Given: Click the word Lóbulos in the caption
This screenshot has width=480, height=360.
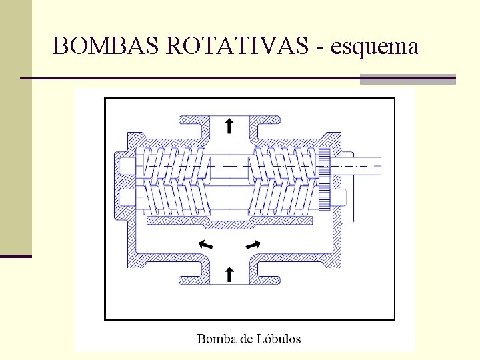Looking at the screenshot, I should point(279,339).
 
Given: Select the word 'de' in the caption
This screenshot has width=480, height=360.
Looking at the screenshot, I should point(246,339).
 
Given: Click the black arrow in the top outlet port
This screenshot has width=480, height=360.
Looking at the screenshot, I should point(229,125).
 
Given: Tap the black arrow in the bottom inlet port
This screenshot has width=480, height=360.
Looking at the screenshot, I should point(229,273).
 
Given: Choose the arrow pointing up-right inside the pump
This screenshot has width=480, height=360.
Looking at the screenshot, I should point(253,244).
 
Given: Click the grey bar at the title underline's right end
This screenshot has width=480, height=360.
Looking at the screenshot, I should point(407,79).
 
